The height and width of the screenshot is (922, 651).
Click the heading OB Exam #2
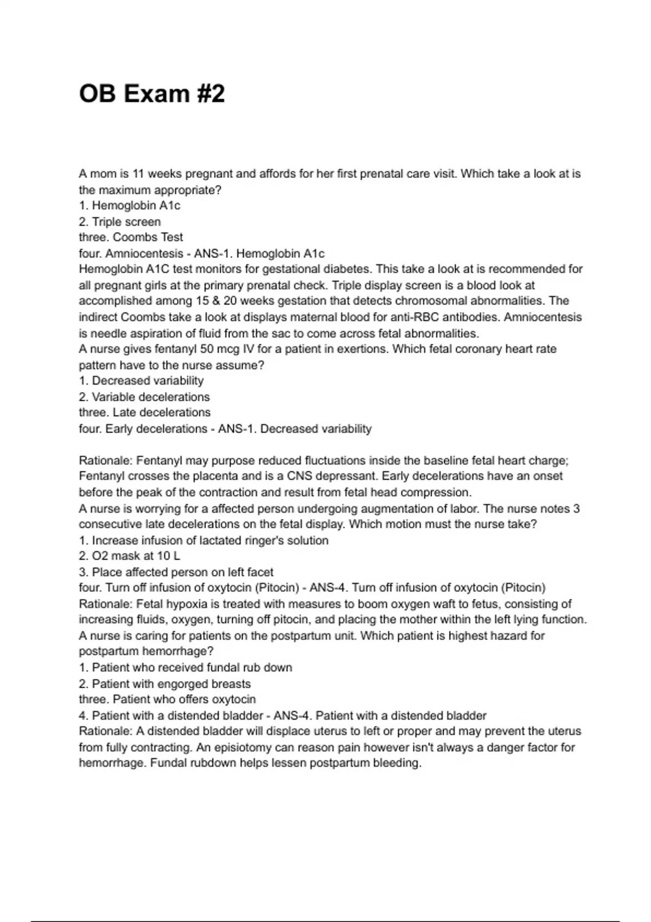pyautogui.click(x=151, y=94)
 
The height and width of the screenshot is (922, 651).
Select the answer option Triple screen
pyautogui.click(x=126, y=222)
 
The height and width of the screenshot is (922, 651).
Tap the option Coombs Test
pyautogui.click(x=148, y=238)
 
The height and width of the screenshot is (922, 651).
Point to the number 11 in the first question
pyautogui.click(x=138, y=174)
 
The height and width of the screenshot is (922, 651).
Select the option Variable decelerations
pyautogui.click(x=150, y=397)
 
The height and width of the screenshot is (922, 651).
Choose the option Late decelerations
pyautogui.click(x=161, y=413)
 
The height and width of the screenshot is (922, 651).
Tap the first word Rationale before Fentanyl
pyautogui.click(x=105, y=461)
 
